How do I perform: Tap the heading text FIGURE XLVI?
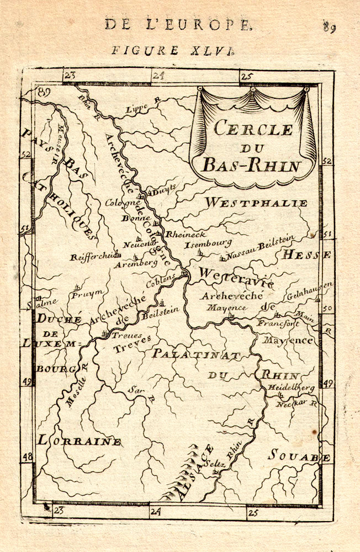173,50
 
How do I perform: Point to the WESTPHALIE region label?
256,203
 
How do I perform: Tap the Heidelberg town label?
291,388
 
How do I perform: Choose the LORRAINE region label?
79,440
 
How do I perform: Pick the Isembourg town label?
208,243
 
